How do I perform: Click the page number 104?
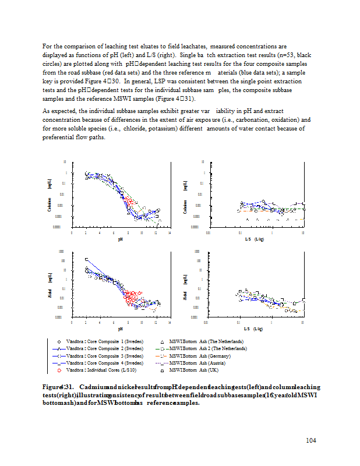coord(310,440)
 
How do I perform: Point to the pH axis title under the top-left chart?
coord(121,239)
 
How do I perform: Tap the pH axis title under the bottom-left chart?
coord(121,329)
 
